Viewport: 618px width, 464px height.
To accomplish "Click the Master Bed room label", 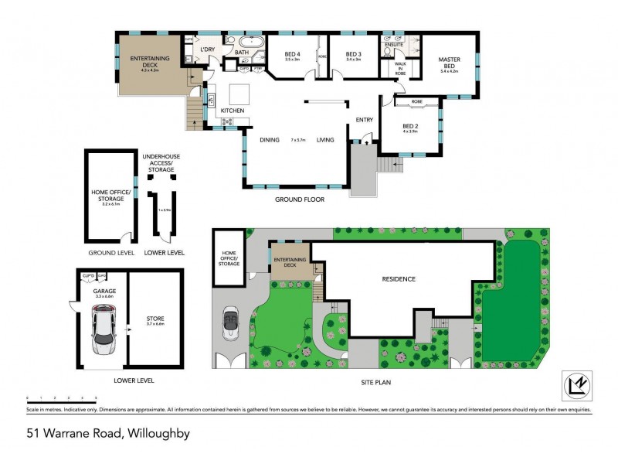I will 450,63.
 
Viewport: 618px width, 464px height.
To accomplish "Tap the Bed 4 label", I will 292,55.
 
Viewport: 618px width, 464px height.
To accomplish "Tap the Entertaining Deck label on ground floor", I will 150,61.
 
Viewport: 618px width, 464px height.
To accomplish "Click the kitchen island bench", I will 239,94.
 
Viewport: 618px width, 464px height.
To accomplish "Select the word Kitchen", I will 233,111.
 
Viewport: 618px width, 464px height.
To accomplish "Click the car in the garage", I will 104,328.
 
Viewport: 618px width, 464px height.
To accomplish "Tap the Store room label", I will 155,320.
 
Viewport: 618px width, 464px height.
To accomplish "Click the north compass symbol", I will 573,384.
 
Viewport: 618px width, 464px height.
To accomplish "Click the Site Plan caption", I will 378,380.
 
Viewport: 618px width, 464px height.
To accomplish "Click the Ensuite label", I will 394,45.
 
